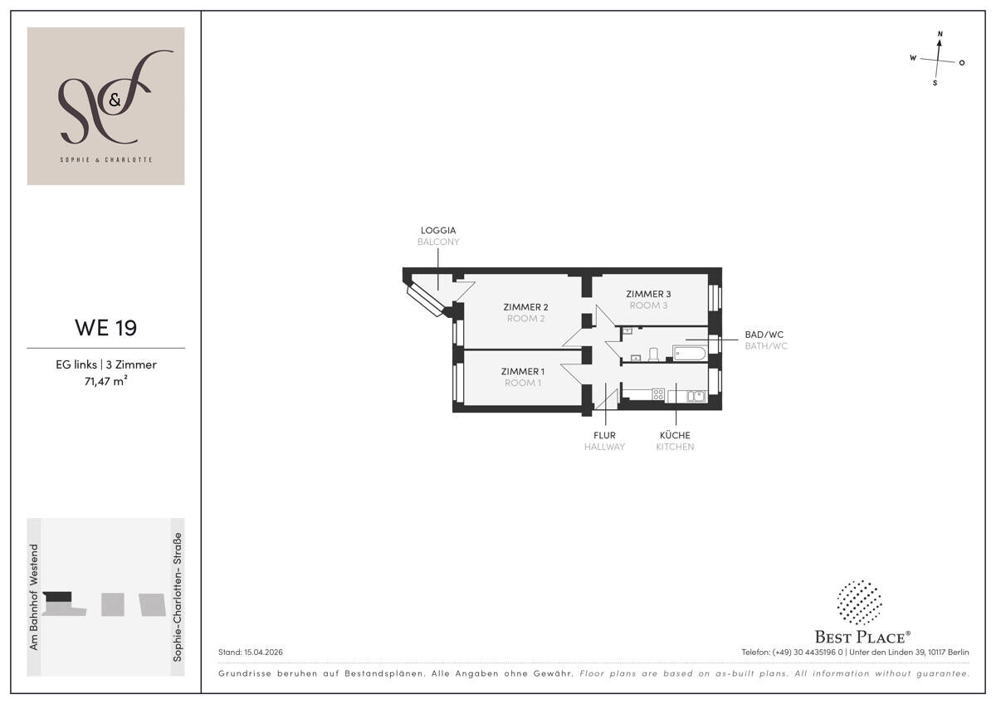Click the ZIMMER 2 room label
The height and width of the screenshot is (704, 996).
[x=525, y=307]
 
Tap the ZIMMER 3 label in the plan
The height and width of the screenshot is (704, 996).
[x=648, y=294]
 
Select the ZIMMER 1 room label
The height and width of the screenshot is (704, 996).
[x=522, y=371]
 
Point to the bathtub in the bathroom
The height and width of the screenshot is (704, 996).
[x=689, y=354]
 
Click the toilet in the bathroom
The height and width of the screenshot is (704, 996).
[x=653, y=354]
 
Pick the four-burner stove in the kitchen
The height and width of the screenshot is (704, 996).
[x=658, y=394]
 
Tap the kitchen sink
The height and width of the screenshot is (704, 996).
[x=696, y=395]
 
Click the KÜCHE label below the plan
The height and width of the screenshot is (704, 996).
[x=675, y=435]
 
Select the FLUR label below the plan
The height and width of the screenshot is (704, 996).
[x=605, y=435]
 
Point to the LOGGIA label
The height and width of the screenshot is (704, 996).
[x=438, y=230]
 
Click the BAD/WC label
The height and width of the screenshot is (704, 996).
[x=764, y=335]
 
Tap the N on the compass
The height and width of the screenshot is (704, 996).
[x=940, y=34]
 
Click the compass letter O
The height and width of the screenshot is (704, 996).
[x=962, y=63]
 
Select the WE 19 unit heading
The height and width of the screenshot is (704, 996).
[x=106, y=328]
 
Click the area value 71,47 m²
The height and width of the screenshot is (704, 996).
[x=106, y=381]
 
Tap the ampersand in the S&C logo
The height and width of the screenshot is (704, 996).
[x=115, y=100]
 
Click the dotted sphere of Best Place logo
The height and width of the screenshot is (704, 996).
[x=859, y=602]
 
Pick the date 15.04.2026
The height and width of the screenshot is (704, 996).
[x=263, y=652]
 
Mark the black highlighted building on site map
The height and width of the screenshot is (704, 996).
[x=57, y=596]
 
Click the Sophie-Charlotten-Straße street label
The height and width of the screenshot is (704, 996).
[x=177, y=597]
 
